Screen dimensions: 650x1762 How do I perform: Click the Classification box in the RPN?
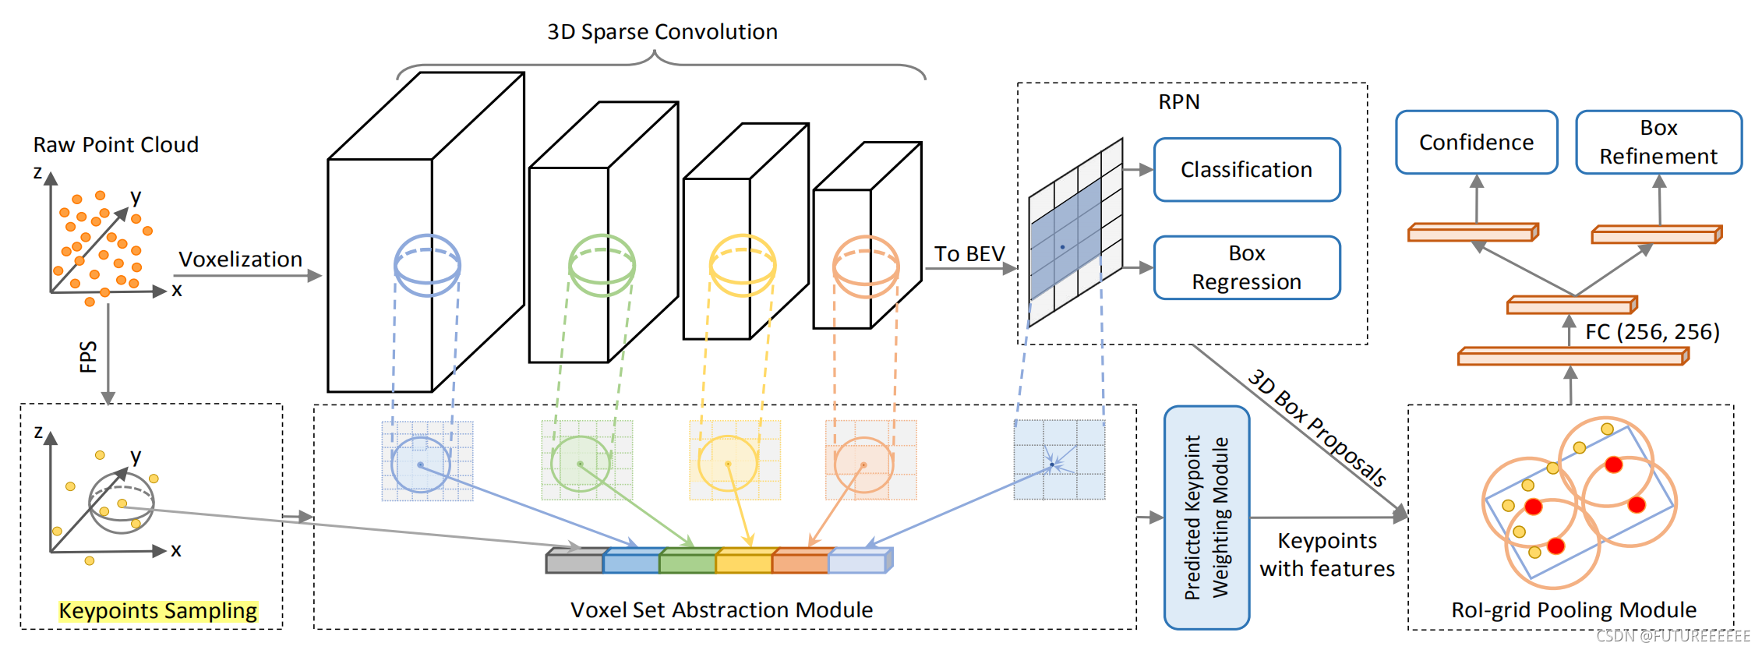1246,170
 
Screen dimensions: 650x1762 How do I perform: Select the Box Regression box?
1246,267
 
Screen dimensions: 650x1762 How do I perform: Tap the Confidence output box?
1476,143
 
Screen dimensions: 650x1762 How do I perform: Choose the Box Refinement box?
1658,142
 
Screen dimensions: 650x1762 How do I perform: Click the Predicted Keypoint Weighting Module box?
1206,518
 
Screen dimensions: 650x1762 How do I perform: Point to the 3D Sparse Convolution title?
662,32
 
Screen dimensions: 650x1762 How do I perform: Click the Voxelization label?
240,260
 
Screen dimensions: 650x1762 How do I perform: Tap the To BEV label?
969,254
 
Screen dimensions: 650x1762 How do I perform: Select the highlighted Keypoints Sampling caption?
158,611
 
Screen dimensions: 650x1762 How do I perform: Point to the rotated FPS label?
88,356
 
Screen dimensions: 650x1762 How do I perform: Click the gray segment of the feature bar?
574,561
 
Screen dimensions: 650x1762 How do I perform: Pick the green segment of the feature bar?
687,561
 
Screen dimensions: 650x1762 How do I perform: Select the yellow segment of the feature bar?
743,561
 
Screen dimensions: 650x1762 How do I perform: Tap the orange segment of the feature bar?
800,561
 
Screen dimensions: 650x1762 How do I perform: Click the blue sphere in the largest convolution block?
427,265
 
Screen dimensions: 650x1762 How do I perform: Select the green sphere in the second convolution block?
602,265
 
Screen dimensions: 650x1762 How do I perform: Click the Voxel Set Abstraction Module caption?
721,610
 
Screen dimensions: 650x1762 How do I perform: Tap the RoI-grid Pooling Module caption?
1573,610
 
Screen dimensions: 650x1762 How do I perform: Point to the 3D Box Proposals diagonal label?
1316,428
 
